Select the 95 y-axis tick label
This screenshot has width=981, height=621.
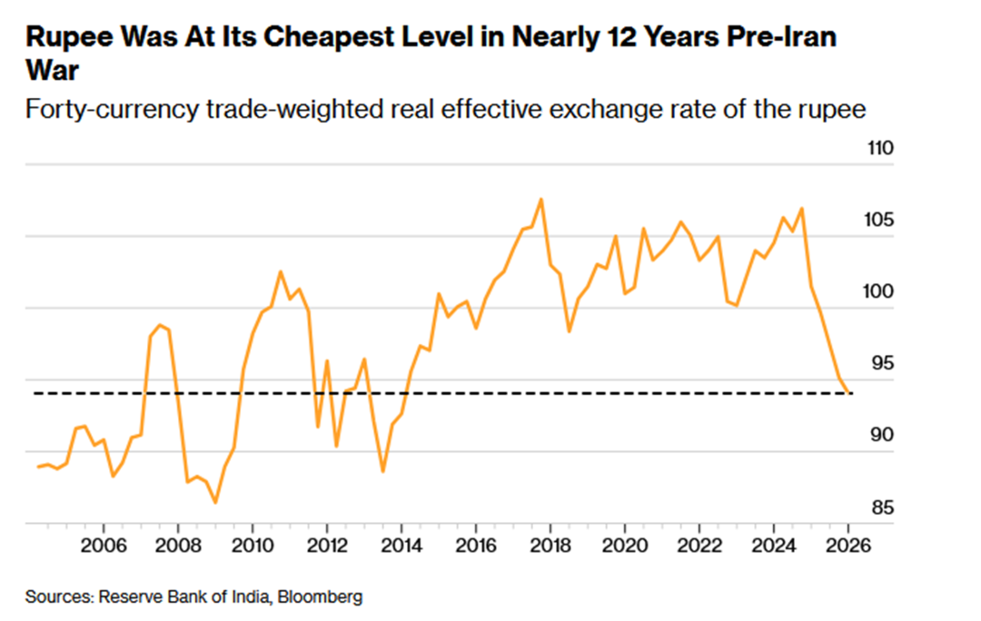click(876, 364)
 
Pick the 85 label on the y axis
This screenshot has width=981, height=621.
click(876, 508)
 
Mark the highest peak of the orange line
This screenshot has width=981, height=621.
click(541, 199)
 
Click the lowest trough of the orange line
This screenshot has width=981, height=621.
click(215, 502)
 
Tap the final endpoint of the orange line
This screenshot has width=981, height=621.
click(850, 393)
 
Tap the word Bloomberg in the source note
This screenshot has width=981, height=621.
click(320, 596)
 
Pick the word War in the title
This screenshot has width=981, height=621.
click(53, 71)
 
